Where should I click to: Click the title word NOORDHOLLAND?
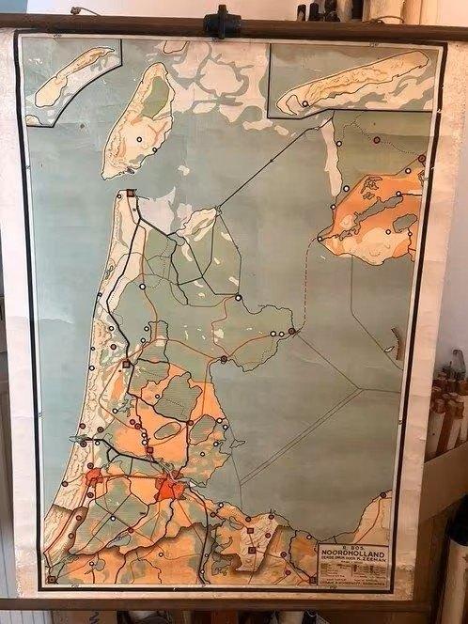click(353, 553)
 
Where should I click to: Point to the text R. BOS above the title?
click(353, 545)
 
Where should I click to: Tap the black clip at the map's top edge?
click(222, 22)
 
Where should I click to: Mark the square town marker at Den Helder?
click(131, 194)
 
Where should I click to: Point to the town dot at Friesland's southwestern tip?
click(320, 239)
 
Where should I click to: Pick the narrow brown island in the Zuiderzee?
click(398, 348)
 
